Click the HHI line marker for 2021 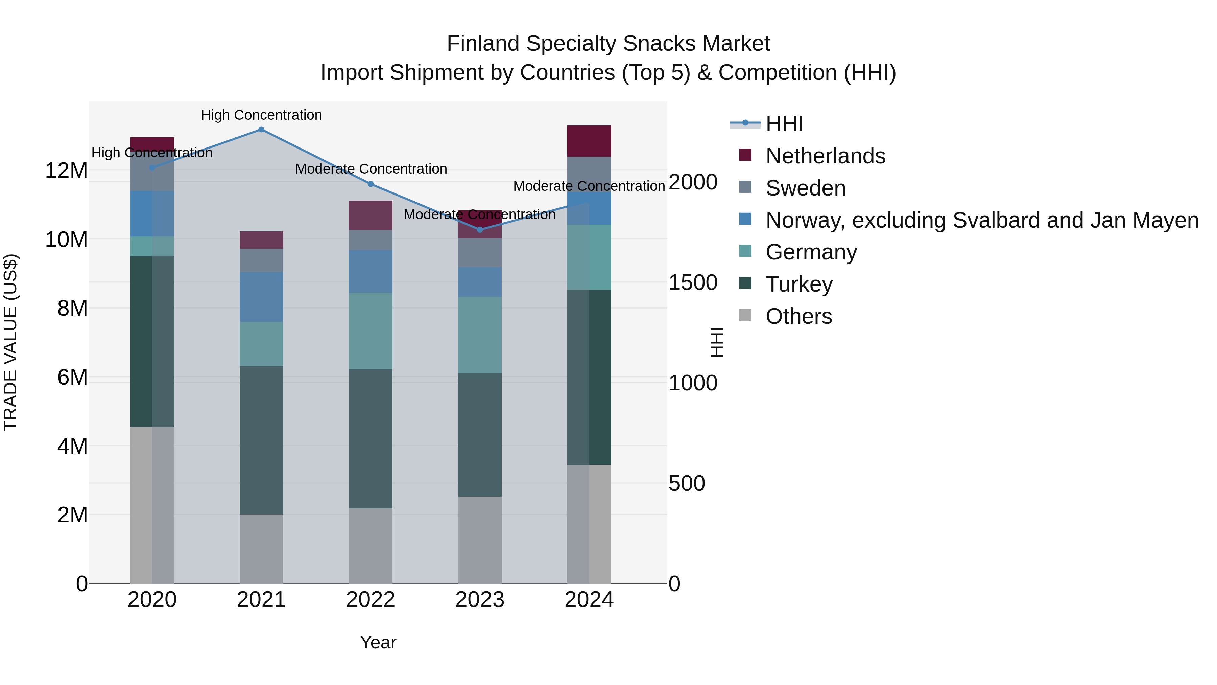pos(261,130)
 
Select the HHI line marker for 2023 pos(480,230)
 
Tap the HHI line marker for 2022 pos(371,184)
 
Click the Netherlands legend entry pos(825,156)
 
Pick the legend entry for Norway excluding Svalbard pos(982,220)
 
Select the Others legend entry pos(798,316)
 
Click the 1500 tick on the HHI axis pos(693,283)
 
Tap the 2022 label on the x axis pos(371,600)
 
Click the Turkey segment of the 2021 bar pos(261,440)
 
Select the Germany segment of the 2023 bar pos(480,335)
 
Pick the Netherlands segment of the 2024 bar pos(589,141)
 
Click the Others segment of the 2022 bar pos(371,546)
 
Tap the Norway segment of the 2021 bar pos(261,297)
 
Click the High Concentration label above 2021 pos(261,115)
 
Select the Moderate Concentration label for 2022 pos(371,169)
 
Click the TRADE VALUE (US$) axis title pos(10,342)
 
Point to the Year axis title pos(378,642)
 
